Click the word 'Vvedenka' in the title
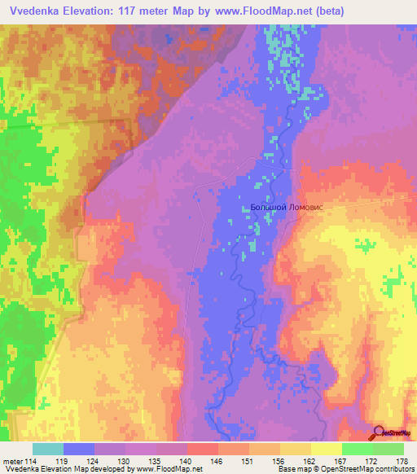coord(36,11)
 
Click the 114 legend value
coord(31,461)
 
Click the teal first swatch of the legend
coord(48,449)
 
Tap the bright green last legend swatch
coord(388,449)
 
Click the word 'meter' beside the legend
coord(12,461)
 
